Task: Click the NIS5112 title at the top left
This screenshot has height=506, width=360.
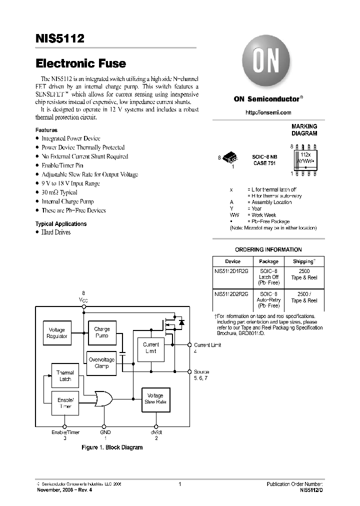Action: coord(59,38)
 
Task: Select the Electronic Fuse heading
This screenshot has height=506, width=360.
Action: coord(80,64)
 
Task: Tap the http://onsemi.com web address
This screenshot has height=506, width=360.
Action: coord(268,112)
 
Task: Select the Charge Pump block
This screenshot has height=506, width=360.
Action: coord(101,332)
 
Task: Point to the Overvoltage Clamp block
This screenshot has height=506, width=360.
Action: coord(101,362)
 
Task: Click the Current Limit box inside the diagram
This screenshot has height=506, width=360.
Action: coord(150,347)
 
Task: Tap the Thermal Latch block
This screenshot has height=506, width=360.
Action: coord(65,376)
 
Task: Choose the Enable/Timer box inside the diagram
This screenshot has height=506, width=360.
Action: coord(65,403)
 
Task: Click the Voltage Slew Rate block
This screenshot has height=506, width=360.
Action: coord(156,399)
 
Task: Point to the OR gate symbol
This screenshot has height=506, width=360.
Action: coord(103,398)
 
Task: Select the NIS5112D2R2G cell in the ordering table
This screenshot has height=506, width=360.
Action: coord(231,294)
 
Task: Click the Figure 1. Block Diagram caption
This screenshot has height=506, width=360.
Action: coord(112,447)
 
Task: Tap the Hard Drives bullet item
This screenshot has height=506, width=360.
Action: coord(55,232)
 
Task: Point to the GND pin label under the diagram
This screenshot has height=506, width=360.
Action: coord(105,432)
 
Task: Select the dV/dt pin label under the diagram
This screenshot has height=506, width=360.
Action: coord(156,432)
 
